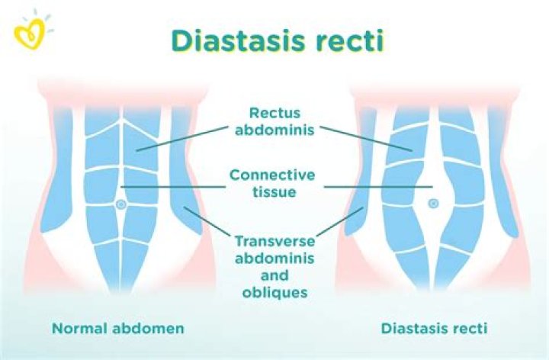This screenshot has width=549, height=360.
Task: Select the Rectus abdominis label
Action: pos(274,121)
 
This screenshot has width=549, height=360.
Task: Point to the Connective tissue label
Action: pos(272,183)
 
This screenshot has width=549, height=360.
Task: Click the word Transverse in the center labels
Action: pos(274,241)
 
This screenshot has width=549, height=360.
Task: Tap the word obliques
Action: pos(274,292)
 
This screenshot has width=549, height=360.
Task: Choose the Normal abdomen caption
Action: pos(118,329)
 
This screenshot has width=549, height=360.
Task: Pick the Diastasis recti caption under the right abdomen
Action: pos(434,329)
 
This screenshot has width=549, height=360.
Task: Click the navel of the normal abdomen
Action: pos(121,204)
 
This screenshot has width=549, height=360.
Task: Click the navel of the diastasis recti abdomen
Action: pos(433,204)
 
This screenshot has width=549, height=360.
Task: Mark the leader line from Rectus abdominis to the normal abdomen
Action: pos(182,139)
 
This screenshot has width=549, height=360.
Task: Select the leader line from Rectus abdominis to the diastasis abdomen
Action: pos(366,139)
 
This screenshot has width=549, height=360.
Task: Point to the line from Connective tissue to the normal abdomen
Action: pos(173,187)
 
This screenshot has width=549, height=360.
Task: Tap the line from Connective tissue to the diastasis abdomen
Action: pos(378,187)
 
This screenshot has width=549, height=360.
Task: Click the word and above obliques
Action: pos(274,275)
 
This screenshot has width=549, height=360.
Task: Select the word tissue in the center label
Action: pos(274,191)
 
